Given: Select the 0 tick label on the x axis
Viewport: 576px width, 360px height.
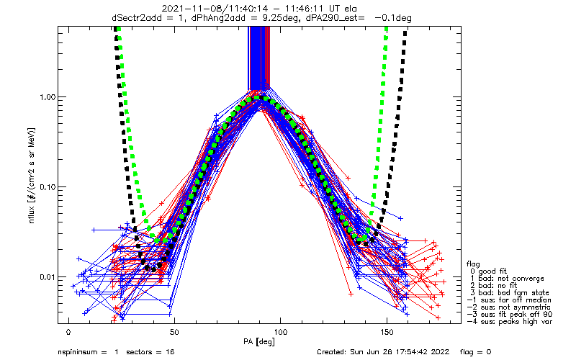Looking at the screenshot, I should click(68, 333).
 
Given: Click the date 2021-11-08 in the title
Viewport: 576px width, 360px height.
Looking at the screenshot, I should click(188, 9).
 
